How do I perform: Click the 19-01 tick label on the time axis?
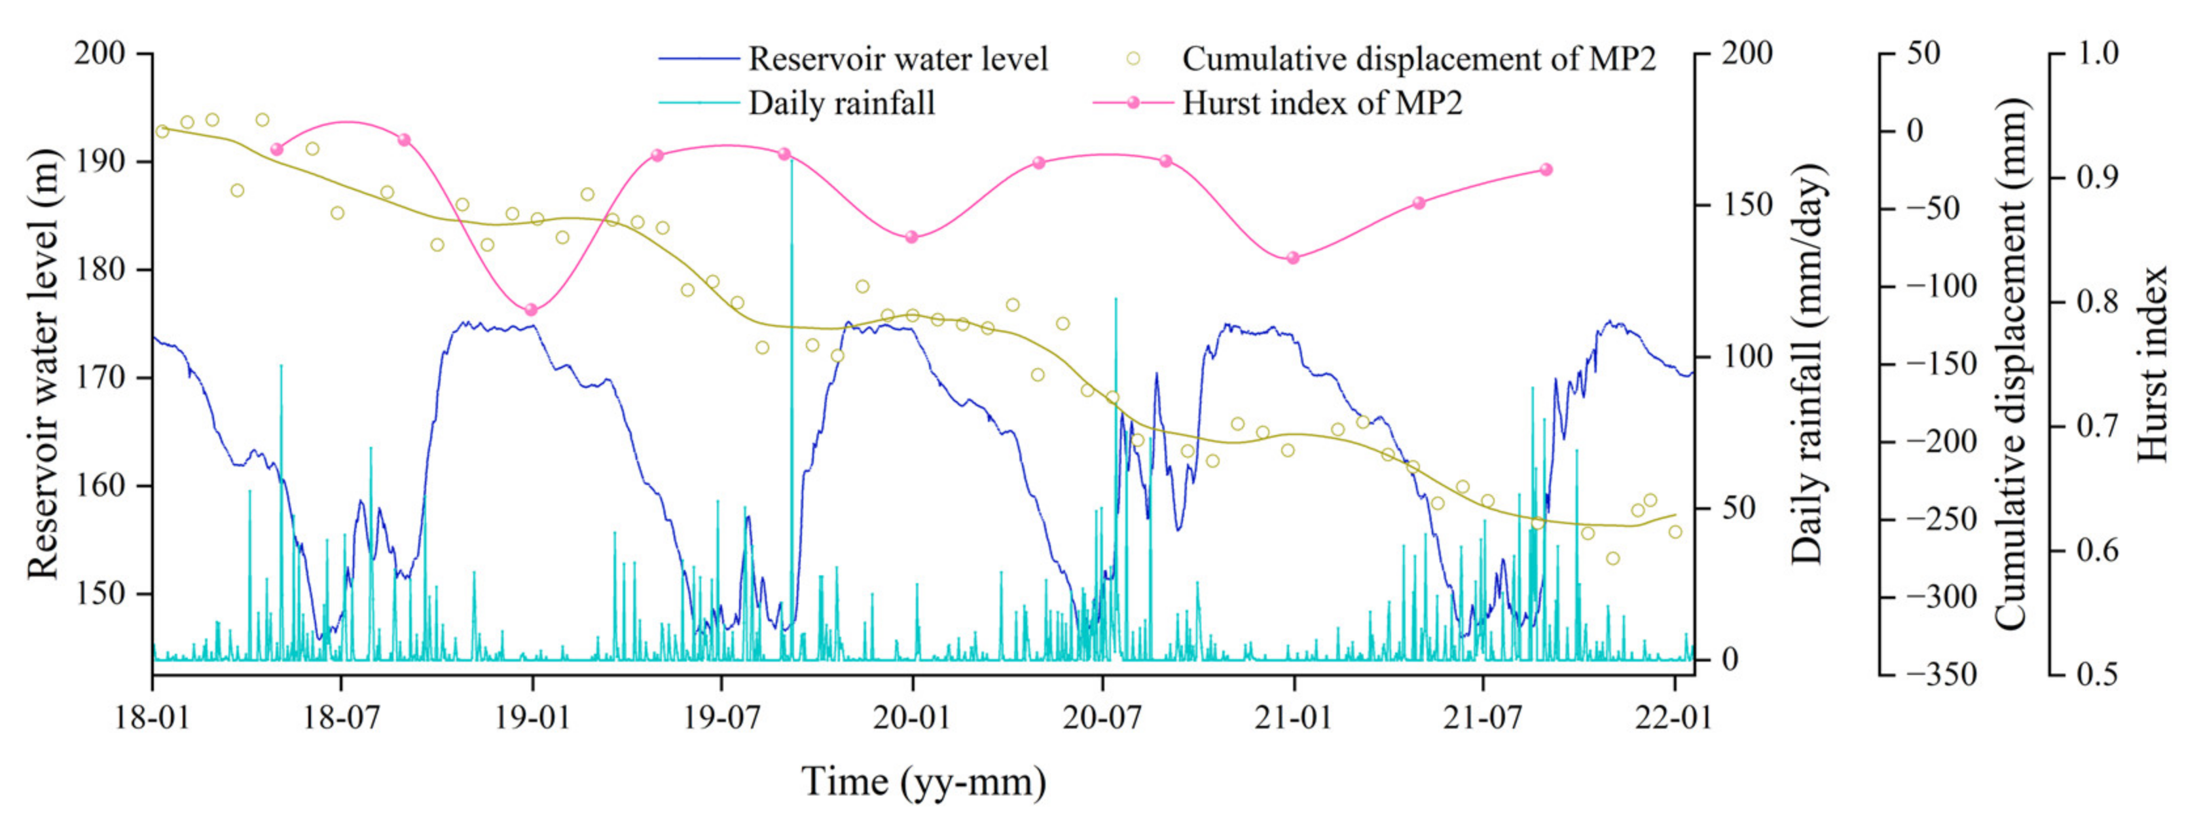tap(532, 716)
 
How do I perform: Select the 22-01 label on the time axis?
tap(1673, 716)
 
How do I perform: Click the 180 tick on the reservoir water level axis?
tap(100, 269)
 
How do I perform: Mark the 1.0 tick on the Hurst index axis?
tap(2097, 53)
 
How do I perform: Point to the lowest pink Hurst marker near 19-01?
tap(530, 309)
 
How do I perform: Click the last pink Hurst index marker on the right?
tap(1546, 169)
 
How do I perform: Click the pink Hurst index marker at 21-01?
tap(1293, 257)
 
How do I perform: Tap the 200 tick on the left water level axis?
tap(100, 53)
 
